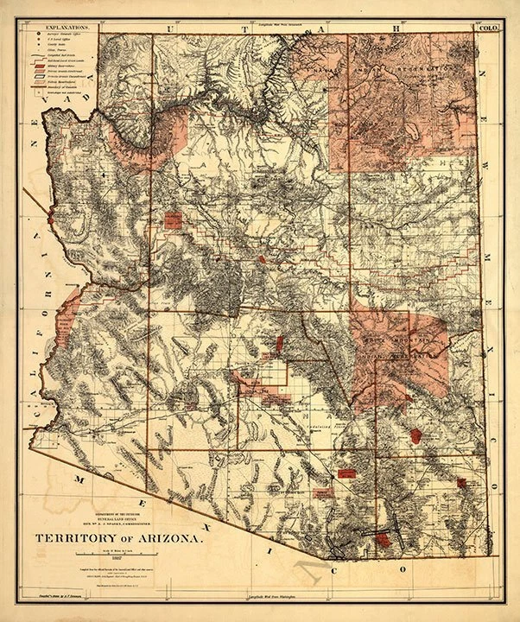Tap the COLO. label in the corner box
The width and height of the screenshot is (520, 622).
[488, 28]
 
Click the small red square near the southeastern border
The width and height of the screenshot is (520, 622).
[461, 482]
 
